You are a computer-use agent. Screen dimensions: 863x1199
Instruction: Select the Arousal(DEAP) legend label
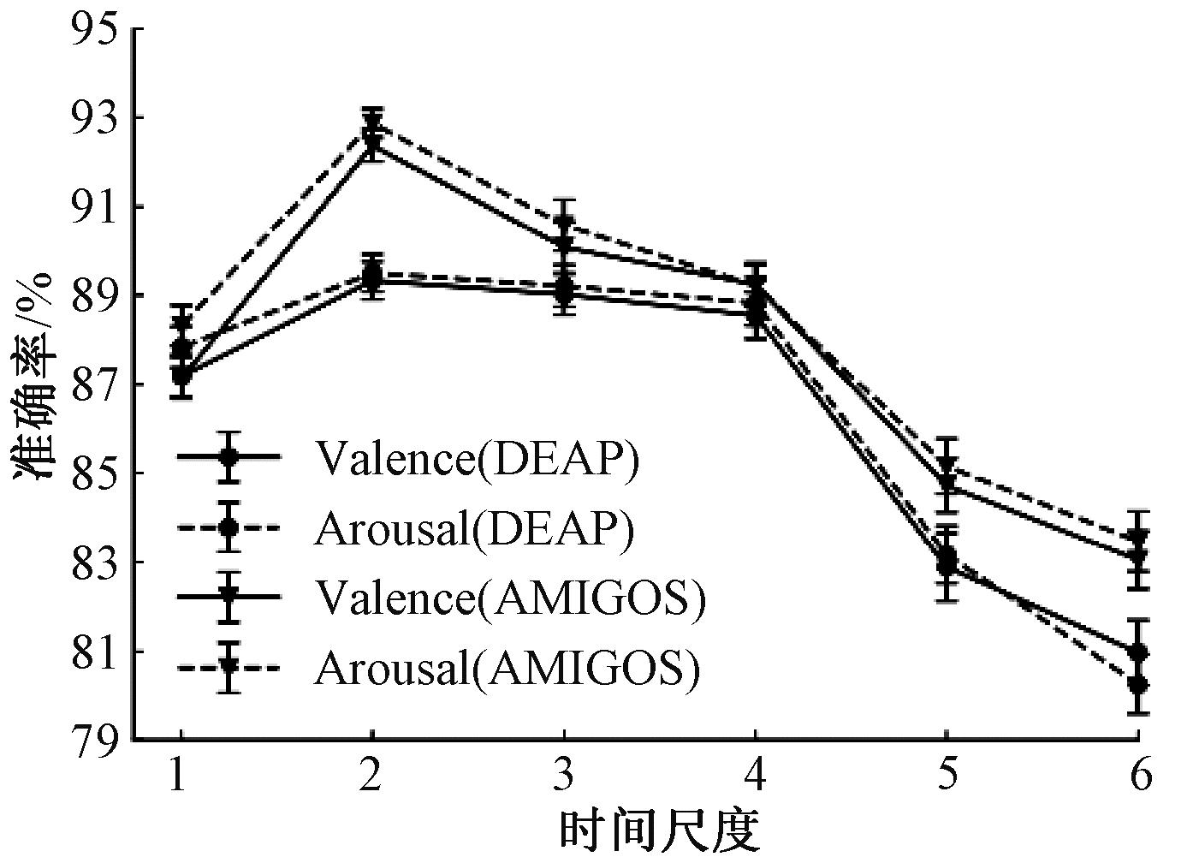[474, 528]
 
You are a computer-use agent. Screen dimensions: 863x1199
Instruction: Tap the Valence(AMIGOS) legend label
[510, 597]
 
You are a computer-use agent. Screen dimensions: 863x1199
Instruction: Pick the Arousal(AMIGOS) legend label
[507, 667]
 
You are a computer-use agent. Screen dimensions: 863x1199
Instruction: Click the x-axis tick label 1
[179, 776]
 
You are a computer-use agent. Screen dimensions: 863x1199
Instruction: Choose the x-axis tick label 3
[562, 776]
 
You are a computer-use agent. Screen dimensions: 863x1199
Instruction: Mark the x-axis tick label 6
[1138, 776]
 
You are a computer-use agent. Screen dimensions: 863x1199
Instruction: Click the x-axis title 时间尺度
[659, 830]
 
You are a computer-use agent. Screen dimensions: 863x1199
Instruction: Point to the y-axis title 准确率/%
[34, 377]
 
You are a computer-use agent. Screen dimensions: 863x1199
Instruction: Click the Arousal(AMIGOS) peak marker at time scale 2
[372, 125]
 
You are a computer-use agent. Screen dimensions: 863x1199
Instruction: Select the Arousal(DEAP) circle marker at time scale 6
[1137, 684]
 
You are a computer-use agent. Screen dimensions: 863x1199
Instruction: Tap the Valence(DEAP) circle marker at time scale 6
[1137, 652]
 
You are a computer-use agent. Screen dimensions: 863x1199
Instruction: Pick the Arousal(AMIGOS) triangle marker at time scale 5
[946, 466]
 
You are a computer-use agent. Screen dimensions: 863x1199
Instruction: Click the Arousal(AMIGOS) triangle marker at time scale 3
[563, 223]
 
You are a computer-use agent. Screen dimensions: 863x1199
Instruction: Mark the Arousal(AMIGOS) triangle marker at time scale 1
[181, 323]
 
